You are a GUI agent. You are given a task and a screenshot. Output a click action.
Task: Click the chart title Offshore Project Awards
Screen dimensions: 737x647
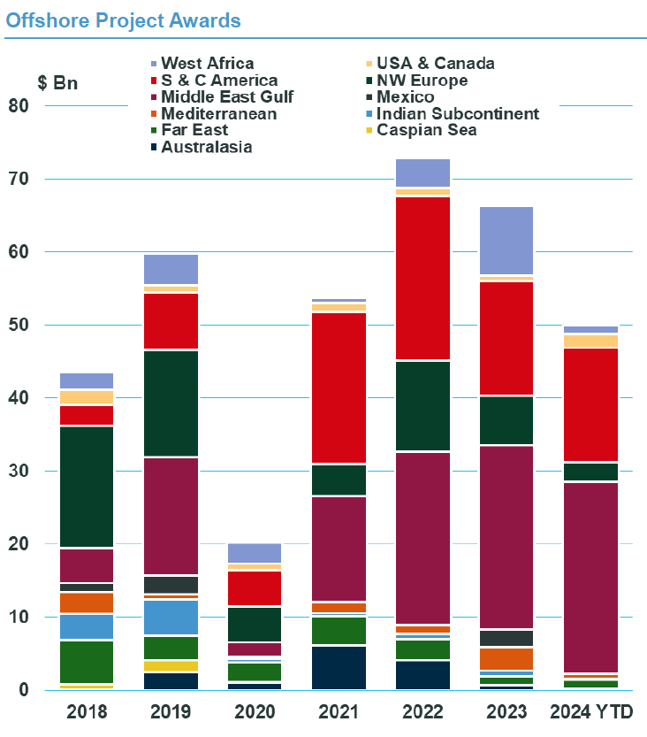[x=123, y=19]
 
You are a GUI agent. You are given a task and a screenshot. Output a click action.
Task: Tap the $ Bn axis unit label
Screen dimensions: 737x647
[x=57, y=84]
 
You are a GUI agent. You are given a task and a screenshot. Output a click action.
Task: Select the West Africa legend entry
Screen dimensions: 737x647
[x=207, y=64]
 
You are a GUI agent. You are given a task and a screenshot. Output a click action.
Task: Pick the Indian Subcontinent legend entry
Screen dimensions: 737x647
[x=457, y=114]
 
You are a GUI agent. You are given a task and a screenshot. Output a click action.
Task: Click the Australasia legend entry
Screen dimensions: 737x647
[x=206, y=148]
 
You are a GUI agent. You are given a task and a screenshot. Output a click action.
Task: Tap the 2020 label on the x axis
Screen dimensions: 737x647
[x=254, y=712]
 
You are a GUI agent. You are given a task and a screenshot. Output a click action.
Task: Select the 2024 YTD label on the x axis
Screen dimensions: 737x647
[x=593, y=712]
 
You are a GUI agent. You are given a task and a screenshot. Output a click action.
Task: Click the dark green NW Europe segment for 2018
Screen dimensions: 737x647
[x=87, y=487]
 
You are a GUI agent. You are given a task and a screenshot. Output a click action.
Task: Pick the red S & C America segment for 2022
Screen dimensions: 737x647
[x=422, y=278]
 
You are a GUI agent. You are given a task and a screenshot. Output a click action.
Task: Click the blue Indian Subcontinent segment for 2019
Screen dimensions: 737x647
[x=170, y=618]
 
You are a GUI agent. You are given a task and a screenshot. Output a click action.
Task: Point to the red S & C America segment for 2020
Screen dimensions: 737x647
[x=254, y=587]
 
